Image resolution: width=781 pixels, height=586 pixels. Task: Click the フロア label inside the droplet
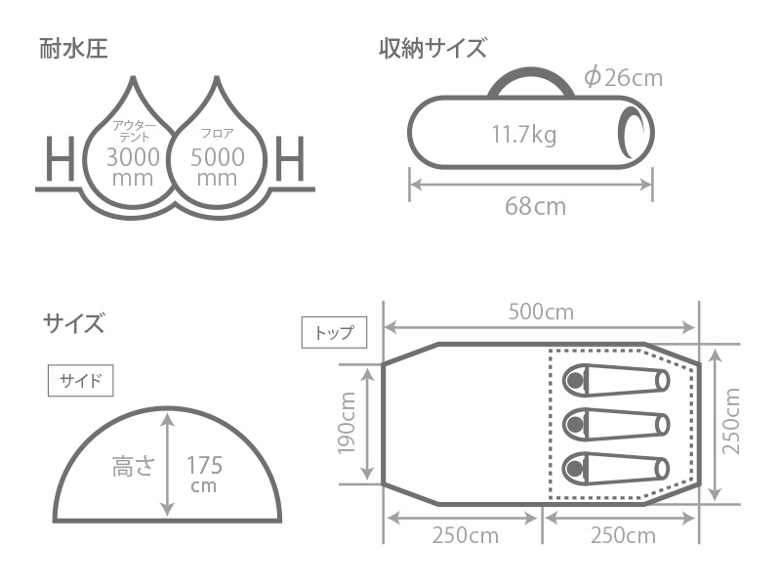(216, 132)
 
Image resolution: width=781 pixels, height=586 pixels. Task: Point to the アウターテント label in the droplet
(132, 132)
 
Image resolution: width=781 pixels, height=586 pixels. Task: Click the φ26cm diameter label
(622, 77)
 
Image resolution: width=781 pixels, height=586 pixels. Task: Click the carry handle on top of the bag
(532, 80)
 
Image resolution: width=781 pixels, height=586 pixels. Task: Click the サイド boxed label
(80, 380)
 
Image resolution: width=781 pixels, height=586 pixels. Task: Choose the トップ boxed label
(334, 332)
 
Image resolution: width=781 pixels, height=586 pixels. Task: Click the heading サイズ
(72, 322)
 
